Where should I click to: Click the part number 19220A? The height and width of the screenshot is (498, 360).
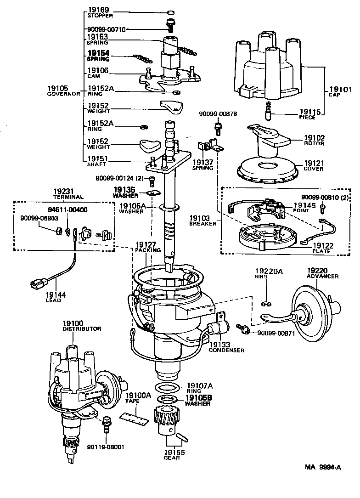pos(269,272)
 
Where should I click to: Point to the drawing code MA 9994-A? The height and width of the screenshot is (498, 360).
pos(322,467)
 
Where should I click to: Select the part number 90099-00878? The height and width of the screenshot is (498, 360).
pos(218,113)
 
